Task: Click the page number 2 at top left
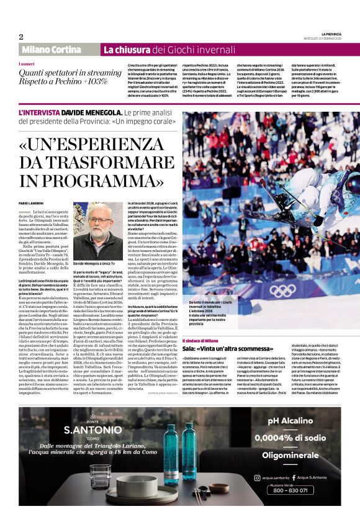pos(20,37)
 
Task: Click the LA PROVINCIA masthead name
pos(331,34)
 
